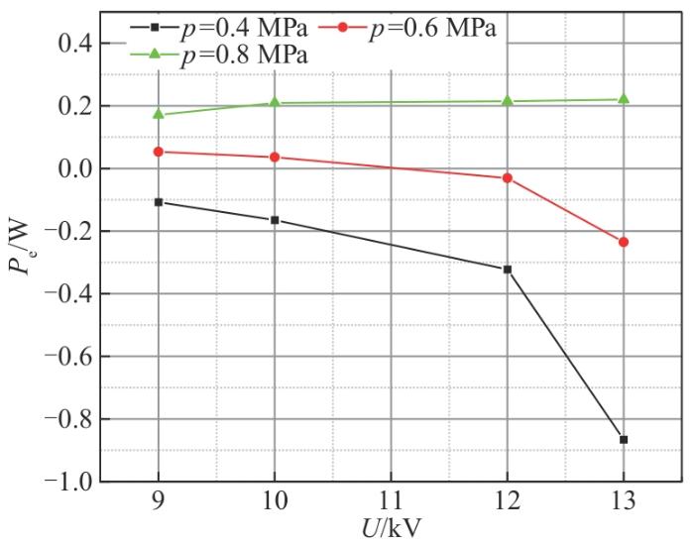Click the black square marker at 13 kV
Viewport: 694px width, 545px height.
[x=624, y=440]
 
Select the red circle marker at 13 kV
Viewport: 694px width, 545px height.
[x=624, y=242]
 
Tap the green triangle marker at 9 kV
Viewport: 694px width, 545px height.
[x=158, y=114]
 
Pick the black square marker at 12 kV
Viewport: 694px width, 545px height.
[x=508, y=270]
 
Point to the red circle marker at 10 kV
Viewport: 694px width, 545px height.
[x=275, y=157]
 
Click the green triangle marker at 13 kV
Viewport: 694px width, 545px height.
[x=624, y=99]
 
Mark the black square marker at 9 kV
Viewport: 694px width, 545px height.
[x=158, y=202]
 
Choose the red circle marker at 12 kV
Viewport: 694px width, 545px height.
[x=508, y=177]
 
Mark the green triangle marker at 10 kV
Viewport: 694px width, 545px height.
[x=275, y=103]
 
